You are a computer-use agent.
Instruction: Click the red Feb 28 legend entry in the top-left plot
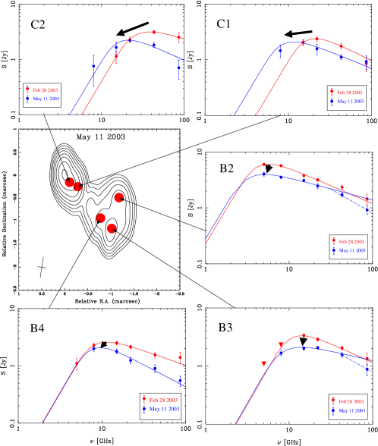coord(43,90)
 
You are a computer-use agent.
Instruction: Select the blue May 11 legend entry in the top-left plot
coord(43,99)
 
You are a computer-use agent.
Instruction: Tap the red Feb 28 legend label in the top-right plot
coord(347,91)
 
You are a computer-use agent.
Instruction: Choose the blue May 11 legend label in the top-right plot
coord(347,100)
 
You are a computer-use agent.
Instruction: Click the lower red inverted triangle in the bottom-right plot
coord(264,364)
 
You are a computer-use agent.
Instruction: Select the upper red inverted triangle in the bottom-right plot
coord(281,345)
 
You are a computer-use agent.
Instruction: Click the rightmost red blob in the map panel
coord(119,198)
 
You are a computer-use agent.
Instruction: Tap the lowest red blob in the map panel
coord(112,228)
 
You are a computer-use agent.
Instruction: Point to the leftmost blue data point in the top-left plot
coord(94,67)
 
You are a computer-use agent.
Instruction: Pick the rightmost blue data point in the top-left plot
coord(179,68)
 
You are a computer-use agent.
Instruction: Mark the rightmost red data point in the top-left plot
coord(179,36)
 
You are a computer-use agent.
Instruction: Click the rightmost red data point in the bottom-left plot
coord(180,356)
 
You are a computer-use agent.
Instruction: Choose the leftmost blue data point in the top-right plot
coord(280,51)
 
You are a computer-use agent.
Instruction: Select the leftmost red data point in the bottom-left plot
coord(76,364)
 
